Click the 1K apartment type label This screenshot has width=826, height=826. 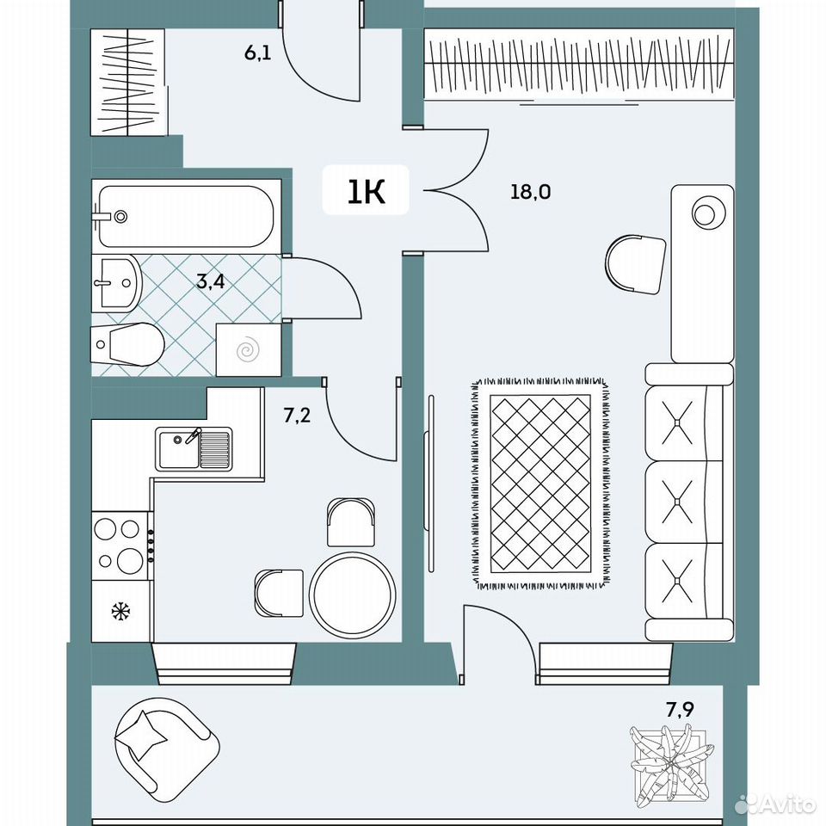[x=367, y=191]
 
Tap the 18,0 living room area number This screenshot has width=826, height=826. [x=531, y=191]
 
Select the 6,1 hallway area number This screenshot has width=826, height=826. [x=258, y=52]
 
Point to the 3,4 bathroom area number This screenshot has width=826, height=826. [x=211, y=282]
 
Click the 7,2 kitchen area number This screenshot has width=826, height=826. [x=297, y=416]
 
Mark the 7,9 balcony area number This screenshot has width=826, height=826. [x=680, y=710]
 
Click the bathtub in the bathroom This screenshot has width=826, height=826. [x=187, y=216]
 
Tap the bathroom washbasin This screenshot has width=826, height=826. [x=116, y=283]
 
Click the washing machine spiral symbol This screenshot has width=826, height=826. [x=248, y=351]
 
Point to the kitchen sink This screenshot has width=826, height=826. [x=194, y=448]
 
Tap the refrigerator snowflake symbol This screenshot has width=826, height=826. [x=121, y=612]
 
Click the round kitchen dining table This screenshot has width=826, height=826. [x=353, y=595]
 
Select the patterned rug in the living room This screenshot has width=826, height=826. [x=540, y=483]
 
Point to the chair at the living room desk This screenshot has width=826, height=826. [x=635, y=264]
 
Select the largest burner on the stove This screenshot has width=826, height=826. [x=130, y=560]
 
